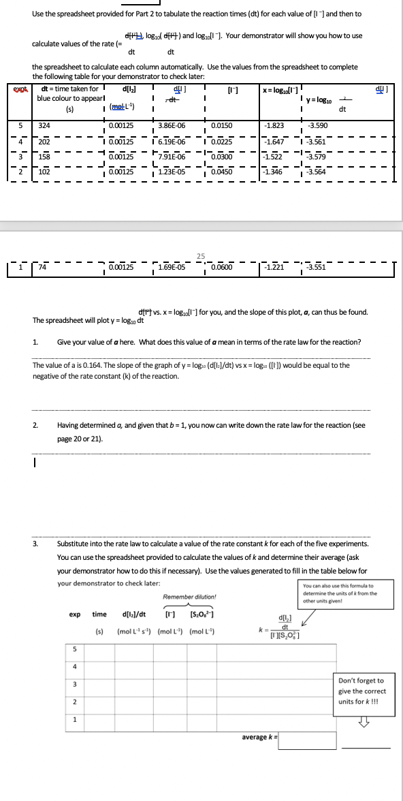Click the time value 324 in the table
click(x=44, y=126)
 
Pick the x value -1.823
click(x=274, y=126)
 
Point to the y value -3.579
click(x=317, y=157)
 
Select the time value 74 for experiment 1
click(x=43, y=268)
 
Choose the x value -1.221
click(x=274, y=268)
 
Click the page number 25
click(x=201, y=256)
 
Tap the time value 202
click(x=44, y=142)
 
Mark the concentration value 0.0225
click(x=223, y=142)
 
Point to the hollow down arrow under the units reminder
click(x=363, y=723)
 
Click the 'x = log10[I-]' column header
click(x=280, y=91)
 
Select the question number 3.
click(x=35, y=544)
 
